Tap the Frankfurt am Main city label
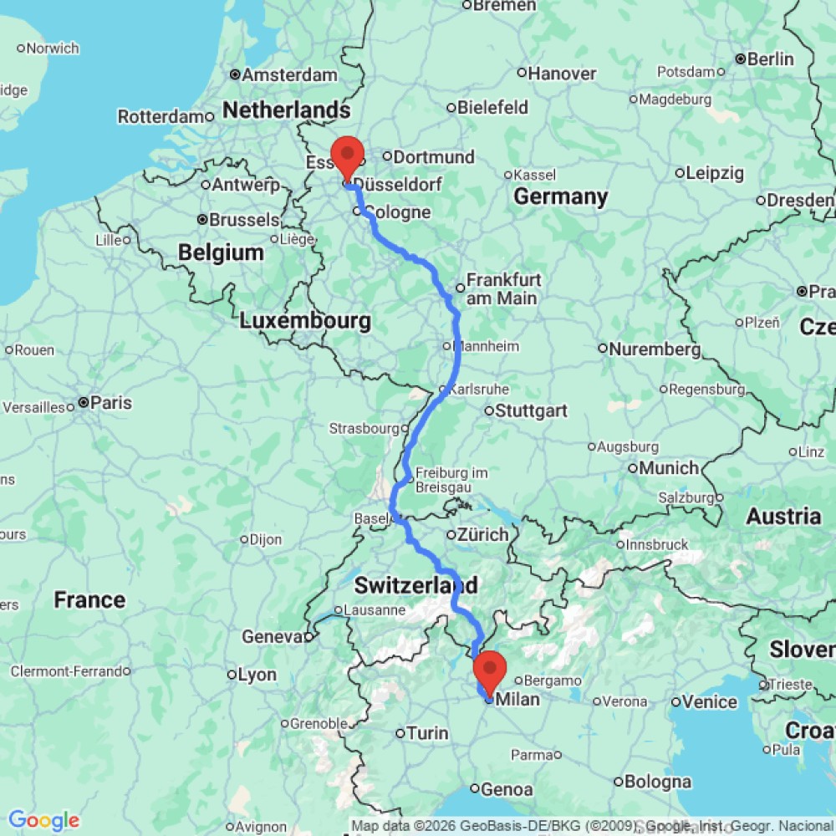(502, 289)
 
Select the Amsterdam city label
(289, 74)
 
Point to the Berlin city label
(770, 59)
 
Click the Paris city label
(111, 402)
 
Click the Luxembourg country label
(305, 320)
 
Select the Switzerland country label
(416, 583)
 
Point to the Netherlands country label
(286, 110)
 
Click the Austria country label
(783, 516)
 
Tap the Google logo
(43, 820)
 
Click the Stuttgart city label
(531, 410)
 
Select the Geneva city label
(271, 637)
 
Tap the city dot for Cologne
(357, 212)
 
